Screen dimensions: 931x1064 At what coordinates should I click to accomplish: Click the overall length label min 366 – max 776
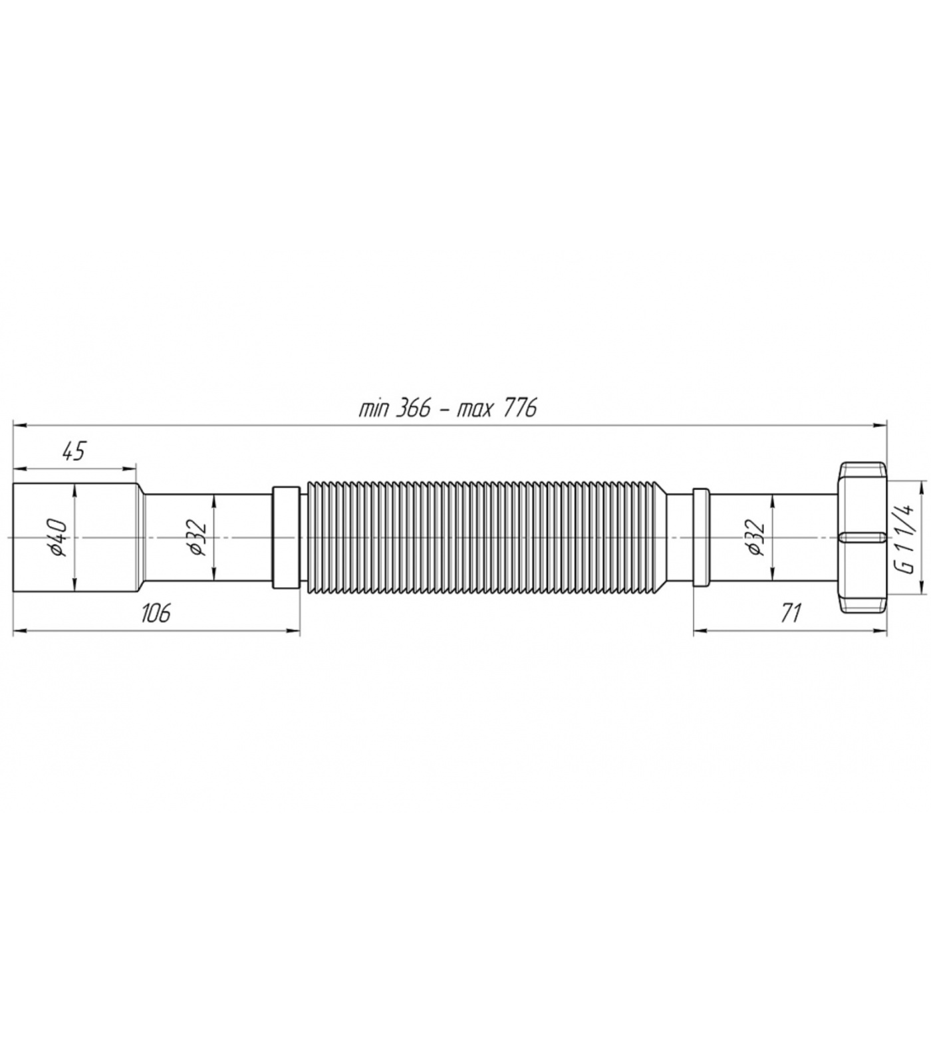(x=448, y=408)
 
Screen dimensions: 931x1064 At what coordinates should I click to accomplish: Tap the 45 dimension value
(x=74, y=451)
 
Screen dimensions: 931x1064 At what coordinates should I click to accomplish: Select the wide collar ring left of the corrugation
(x=286, y=537)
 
